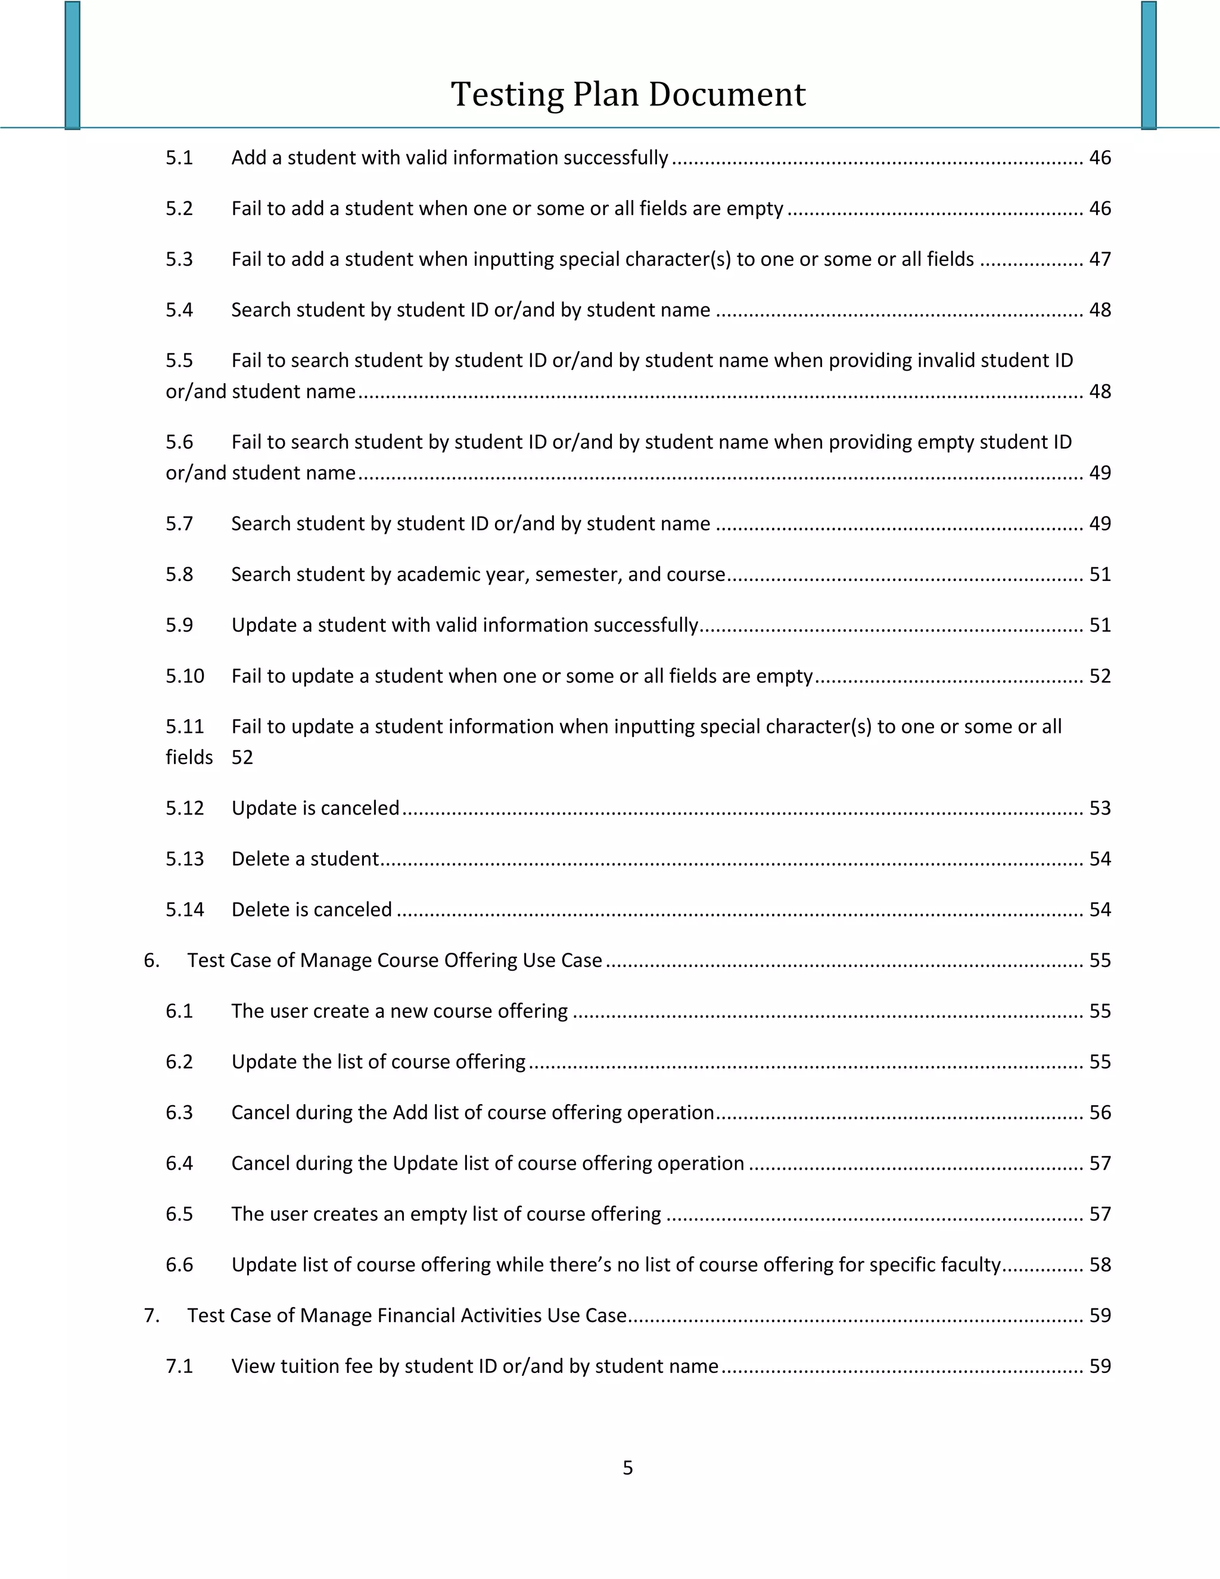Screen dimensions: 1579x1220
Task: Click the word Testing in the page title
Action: pos(508,95)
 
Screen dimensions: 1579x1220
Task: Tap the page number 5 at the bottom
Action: pos(627,1467)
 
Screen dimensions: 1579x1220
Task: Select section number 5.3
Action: pos(179,259)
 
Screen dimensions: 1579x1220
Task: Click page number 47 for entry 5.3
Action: pos(1099,259)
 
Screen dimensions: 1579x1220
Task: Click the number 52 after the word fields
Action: pos(242,757)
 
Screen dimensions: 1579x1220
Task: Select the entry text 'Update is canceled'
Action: pos(315,807)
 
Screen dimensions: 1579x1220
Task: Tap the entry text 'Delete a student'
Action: pos(305,858)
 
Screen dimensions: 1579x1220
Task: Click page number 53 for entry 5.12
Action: pos(1099,807)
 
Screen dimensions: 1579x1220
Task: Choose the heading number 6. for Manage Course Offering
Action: pos(151,959)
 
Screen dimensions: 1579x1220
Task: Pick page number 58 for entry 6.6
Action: pos(1099,1264)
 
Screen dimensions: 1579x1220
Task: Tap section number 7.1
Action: pos(179,1365)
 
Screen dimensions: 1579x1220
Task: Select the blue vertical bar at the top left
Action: pos(72,65)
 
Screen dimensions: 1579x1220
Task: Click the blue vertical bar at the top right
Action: pos(1149,65)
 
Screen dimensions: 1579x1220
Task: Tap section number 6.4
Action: pos(179,1163)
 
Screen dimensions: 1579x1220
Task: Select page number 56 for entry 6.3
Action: pos(1099,1112)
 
